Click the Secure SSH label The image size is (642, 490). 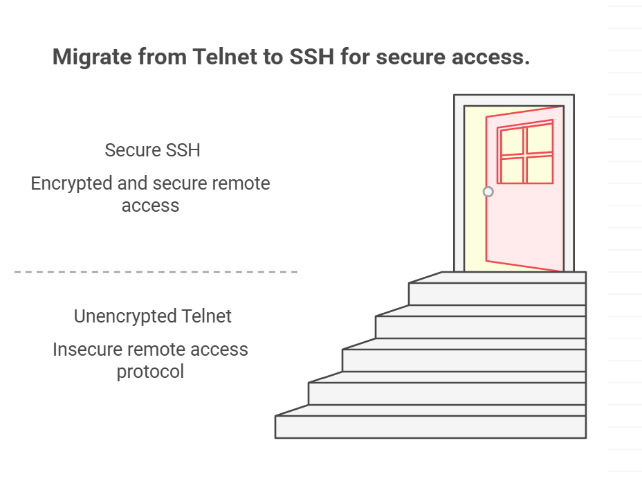click(152, 150)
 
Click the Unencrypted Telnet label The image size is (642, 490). click(152, 316)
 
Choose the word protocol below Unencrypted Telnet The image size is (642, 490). click(150, 372)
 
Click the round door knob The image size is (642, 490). click(488, 192)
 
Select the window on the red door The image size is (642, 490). click(526, 154)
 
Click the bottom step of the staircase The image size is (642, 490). click(430, 427)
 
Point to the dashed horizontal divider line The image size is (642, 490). click(156, 272)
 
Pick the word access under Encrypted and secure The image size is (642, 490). click(150, 206)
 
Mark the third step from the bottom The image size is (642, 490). click(464, 361)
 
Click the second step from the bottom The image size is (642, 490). click(447, 394)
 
